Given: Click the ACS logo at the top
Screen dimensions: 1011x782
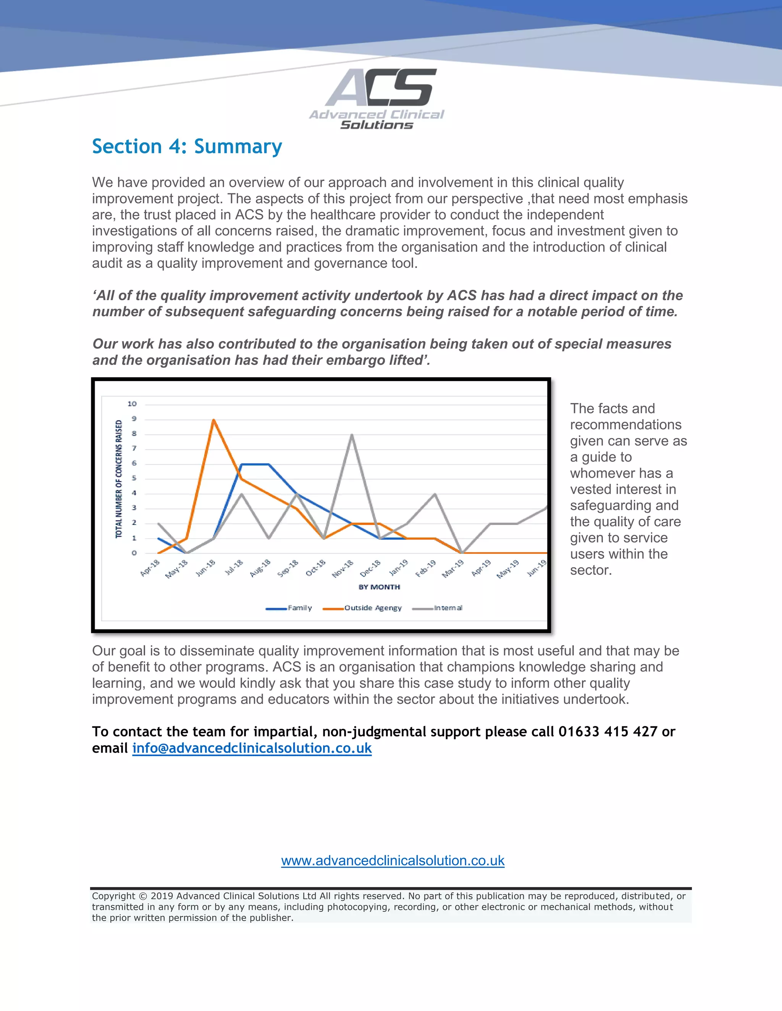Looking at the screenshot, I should pos(376,98).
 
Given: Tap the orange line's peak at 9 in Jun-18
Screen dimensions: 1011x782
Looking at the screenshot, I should pos(213,420).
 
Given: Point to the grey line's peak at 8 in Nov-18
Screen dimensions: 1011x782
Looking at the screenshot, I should pos(352,435).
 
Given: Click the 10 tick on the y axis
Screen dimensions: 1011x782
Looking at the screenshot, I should pos(132,404).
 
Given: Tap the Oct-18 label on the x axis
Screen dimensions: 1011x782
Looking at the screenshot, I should pos(316,568).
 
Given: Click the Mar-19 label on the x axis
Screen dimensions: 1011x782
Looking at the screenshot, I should pos(452,568).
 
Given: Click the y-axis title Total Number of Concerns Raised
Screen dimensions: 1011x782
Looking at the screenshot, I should pos(119,479).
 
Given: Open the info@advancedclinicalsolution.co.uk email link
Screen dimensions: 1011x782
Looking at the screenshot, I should pos(252,748).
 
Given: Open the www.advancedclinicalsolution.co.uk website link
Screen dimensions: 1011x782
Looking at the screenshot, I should pos(393,861).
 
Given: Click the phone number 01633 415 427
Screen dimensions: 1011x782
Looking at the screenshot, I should pos(608,731).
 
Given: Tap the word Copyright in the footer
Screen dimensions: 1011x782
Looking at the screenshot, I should pos(113,896).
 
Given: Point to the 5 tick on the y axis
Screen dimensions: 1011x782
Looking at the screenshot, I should pos(134,478).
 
